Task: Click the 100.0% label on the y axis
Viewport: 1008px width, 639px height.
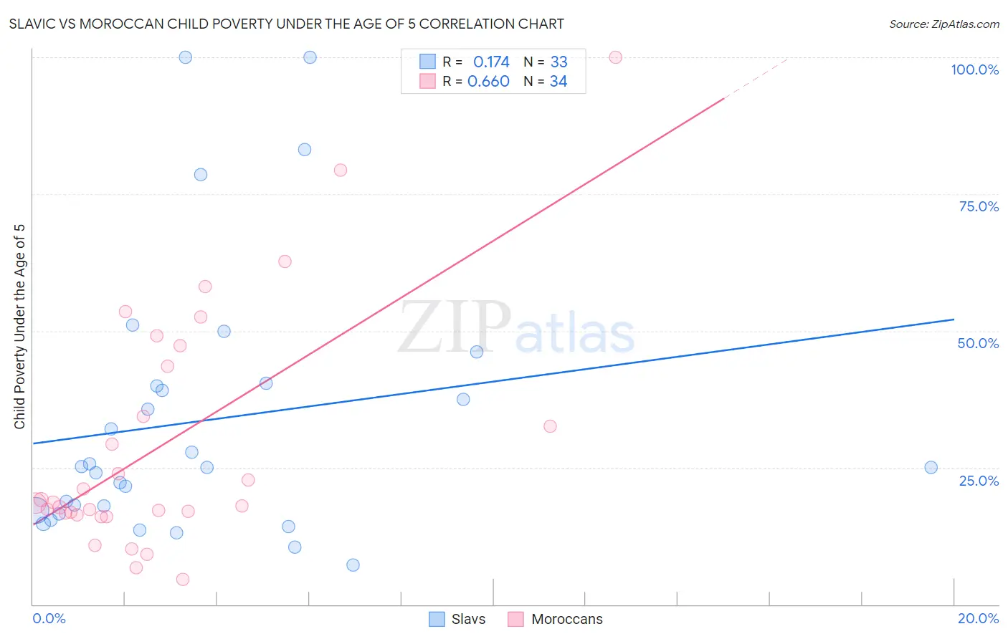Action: [974, 69]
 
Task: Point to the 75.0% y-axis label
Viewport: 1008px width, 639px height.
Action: [979, 206]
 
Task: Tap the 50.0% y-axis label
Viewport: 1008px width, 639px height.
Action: [978, 343]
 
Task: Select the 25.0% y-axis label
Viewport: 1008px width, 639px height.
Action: [979, 480]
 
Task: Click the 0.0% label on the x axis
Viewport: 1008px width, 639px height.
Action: [49, 618]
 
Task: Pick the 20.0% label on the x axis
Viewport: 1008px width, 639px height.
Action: [978, 618]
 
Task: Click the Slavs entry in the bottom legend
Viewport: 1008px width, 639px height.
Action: [468, 619]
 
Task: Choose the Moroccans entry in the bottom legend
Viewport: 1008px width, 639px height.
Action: [566, 619]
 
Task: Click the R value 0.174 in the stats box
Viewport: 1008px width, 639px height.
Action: [491, 62]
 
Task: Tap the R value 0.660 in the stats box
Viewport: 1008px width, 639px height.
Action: [488, 82]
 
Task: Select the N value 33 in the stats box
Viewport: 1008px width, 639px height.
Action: [558, 62]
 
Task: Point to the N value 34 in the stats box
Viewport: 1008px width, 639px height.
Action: [558, 82]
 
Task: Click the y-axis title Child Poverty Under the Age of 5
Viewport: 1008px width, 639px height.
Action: [19, 327]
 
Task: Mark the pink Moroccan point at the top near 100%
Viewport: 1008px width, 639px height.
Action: [615, 57]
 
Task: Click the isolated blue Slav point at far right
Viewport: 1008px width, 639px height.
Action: [931, 468]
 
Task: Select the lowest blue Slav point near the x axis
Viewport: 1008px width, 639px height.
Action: [353, 565]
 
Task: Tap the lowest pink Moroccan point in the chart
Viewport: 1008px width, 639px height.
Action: [183, 580]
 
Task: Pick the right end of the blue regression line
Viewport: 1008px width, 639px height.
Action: [954, 319]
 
